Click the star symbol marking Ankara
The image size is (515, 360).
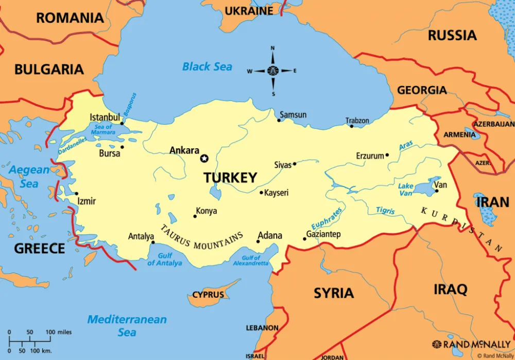pos(204,158)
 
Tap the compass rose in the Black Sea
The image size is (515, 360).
pos(272,71)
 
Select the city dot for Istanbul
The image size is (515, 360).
pos(122,123)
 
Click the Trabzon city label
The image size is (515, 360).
pos(357,121)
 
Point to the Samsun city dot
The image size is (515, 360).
pos(279,121)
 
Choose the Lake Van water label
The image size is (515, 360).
pos(406,190)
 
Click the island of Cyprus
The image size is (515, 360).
pos(211,294)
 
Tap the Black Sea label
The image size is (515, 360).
pos(207,66)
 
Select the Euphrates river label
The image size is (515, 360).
pos(326,219)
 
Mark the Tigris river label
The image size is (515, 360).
pos(385,211)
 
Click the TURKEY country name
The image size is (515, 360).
pos(230,178)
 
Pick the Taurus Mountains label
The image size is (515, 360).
pos(201,237)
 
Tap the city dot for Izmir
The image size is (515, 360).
pos(76,194)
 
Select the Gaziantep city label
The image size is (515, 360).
pos(323,234)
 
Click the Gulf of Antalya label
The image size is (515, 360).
pos(164,260)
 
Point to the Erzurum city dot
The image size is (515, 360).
pos(387,155)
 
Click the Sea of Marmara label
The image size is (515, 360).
pos(104,130)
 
